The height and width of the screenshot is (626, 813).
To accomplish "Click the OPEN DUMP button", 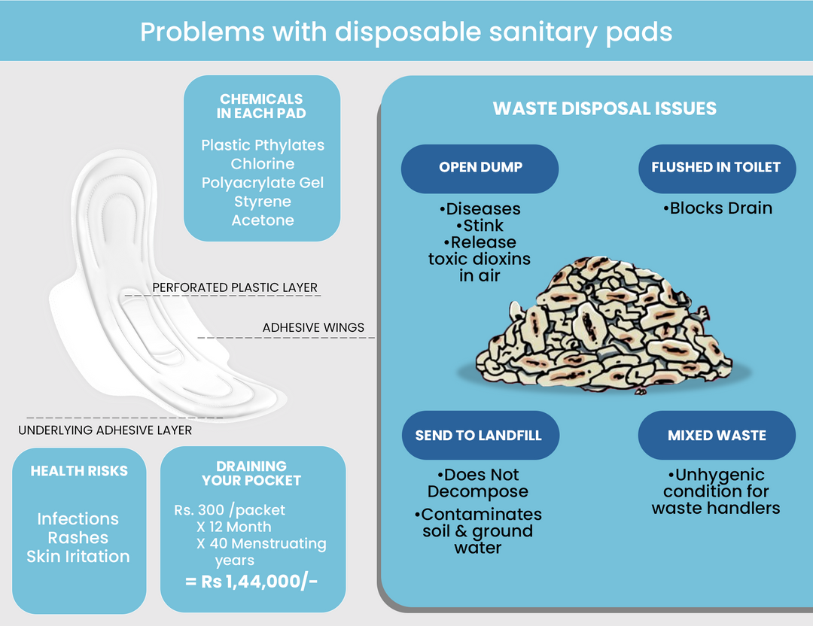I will [480, 168].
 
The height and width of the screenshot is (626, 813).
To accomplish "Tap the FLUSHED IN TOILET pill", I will [717, 168].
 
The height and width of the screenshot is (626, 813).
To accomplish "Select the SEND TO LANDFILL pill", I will [479, 436].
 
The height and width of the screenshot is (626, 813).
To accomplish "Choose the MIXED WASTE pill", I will [717, 436].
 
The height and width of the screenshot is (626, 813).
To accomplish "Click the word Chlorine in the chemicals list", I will [263, 164].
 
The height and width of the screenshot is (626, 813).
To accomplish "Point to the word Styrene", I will [263, 202].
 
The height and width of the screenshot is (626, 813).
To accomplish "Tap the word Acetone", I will [263, 220].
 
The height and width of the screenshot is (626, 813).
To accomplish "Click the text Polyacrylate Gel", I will [263, 183].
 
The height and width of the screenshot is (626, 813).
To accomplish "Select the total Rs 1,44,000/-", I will [251, 582].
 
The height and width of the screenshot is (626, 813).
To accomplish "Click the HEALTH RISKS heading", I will [79, 472].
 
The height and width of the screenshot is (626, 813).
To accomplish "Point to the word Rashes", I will [78, 538].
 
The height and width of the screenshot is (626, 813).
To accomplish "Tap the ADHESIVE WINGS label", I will [313, 328].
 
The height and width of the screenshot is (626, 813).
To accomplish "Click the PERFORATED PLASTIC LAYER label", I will [235, 287].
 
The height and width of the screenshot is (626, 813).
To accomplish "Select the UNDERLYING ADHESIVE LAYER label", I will [105, 430].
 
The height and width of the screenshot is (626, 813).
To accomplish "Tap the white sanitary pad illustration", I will [151, 301].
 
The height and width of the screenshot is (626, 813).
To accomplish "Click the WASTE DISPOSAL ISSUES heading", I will [604, 109].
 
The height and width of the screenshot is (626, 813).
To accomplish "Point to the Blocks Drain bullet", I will [718, 208].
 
